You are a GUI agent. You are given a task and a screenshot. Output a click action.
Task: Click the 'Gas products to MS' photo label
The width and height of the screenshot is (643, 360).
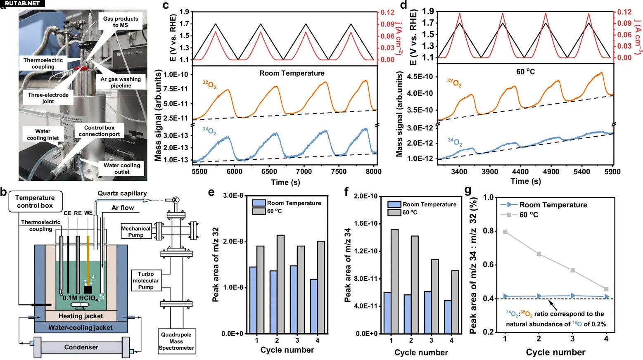[121, 22]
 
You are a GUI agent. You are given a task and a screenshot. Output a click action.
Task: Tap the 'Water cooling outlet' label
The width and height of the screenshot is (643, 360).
[122, 168]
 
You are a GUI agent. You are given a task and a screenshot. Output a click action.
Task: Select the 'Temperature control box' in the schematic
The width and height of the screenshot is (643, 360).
[35, 201]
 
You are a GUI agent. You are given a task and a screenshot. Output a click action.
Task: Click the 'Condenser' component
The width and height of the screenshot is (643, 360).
[81, 347]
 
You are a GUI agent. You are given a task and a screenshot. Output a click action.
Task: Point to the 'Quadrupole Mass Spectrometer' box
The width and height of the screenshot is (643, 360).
[176, 341]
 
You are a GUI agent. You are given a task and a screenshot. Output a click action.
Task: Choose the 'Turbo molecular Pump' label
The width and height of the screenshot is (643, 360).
[146, 280]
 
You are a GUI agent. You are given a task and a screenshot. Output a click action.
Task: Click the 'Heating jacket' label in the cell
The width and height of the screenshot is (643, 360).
[81, 316]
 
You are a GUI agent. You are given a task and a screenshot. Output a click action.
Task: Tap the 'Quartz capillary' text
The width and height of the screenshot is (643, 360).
[122, 193]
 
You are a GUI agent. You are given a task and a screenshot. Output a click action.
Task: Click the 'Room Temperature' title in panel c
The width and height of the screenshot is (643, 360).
[292, 73]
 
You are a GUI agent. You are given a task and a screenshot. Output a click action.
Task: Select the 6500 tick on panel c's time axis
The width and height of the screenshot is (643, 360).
[269, 171]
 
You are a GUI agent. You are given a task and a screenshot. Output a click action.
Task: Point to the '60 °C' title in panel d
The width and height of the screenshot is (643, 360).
[525, 71]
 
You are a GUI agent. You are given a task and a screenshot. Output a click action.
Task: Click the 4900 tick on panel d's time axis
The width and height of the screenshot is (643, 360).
[551, 171]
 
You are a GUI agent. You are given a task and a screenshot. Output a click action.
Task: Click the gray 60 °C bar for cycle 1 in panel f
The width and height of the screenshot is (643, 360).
[394, 281]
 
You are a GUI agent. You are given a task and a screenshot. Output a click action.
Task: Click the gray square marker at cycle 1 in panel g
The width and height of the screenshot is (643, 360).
[505, 232]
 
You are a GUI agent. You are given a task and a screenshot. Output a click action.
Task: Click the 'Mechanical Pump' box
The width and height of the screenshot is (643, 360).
[136, 232]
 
